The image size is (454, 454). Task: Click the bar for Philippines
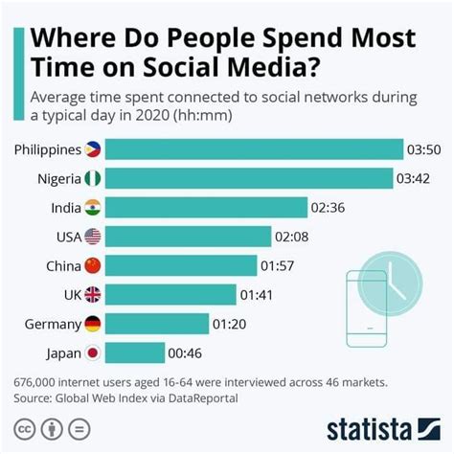tap(254, 149)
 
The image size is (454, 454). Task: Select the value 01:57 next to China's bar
tap(279, 265)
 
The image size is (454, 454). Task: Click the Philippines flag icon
tap(94, 149)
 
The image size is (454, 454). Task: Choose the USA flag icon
tap(93, 237)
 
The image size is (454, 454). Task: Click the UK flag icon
tap(93, 295)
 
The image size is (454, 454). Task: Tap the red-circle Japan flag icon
tap(93, 352)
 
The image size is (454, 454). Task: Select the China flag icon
tap(93, 265)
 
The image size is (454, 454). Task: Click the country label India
tap(64, 208)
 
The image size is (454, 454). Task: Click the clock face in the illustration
tap(394, 280)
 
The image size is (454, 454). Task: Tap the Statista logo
tap(380, 426)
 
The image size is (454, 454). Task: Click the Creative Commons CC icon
tap(25, 427)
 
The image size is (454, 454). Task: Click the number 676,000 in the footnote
tap(37, 381)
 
